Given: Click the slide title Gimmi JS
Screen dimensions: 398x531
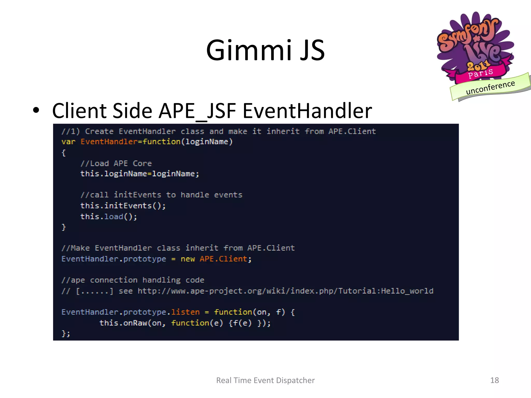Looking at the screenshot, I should pos(265,50).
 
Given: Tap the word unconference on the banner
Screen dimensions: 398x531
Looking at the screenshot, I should pos(490,87).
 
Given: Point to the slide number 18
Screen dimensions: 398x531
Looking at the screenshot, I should pos(494,380).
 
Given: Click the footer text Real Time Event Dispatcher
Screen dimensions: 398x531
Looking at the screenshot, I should pos(265,380).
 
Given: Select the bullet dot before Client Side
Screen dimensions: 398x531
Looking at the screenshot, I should pos(36,110).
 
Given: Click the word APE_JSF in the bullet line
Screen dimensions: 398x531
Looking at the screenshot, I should pos(197,111).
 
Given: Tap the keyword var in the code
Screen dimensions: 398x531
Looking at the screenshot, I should pos(68,142).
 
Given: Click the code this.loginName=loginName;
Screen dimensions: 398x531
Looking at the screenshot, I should pos(139,174).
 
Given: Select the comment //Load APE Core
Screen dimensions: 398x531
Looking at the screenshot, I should pos(116,163).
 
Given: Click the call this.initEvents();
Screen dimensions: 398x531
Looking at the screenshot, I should pos(123,206).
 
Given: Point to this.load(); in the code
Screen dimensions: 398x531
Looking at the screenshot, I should pos(109,217).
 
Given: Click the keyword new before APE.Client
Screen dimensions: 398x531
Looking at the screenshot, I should pos(187,259).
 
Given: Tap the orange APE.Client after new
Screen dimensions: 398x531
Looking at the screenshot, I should pos(223,259).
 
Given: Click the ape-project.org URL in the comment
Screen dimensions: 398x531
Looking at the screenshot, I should pos(285,291).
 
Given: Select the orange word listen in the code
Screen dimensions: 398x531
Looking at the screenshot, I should pos(185,312).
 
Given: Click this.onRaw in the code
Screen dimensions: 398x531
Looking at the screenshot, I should pos(123,323).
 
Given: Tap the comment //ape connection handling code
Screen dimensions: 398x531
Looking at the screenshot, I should pos(133,280).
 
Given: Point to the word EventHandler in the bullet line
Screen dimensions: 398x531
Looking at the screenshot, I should pos(307,111).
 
